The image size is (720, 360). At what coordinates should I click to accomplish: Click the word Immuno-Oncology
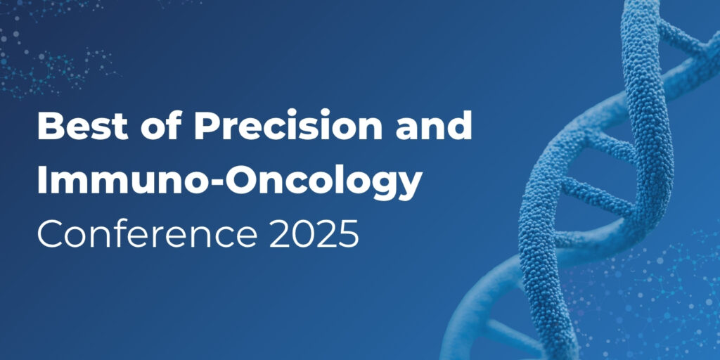tap(230, 180)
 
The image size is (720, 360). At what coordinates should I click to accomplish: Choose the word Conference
tap(146, 233)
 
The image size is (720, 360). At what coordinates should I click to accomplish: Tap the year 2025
tap(313, 233)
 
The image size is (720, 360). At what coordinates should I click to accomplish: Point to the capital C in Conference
tap(51, 233)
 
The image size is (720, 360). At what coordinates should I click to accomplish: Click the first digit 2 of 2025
tap(278, 233)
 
